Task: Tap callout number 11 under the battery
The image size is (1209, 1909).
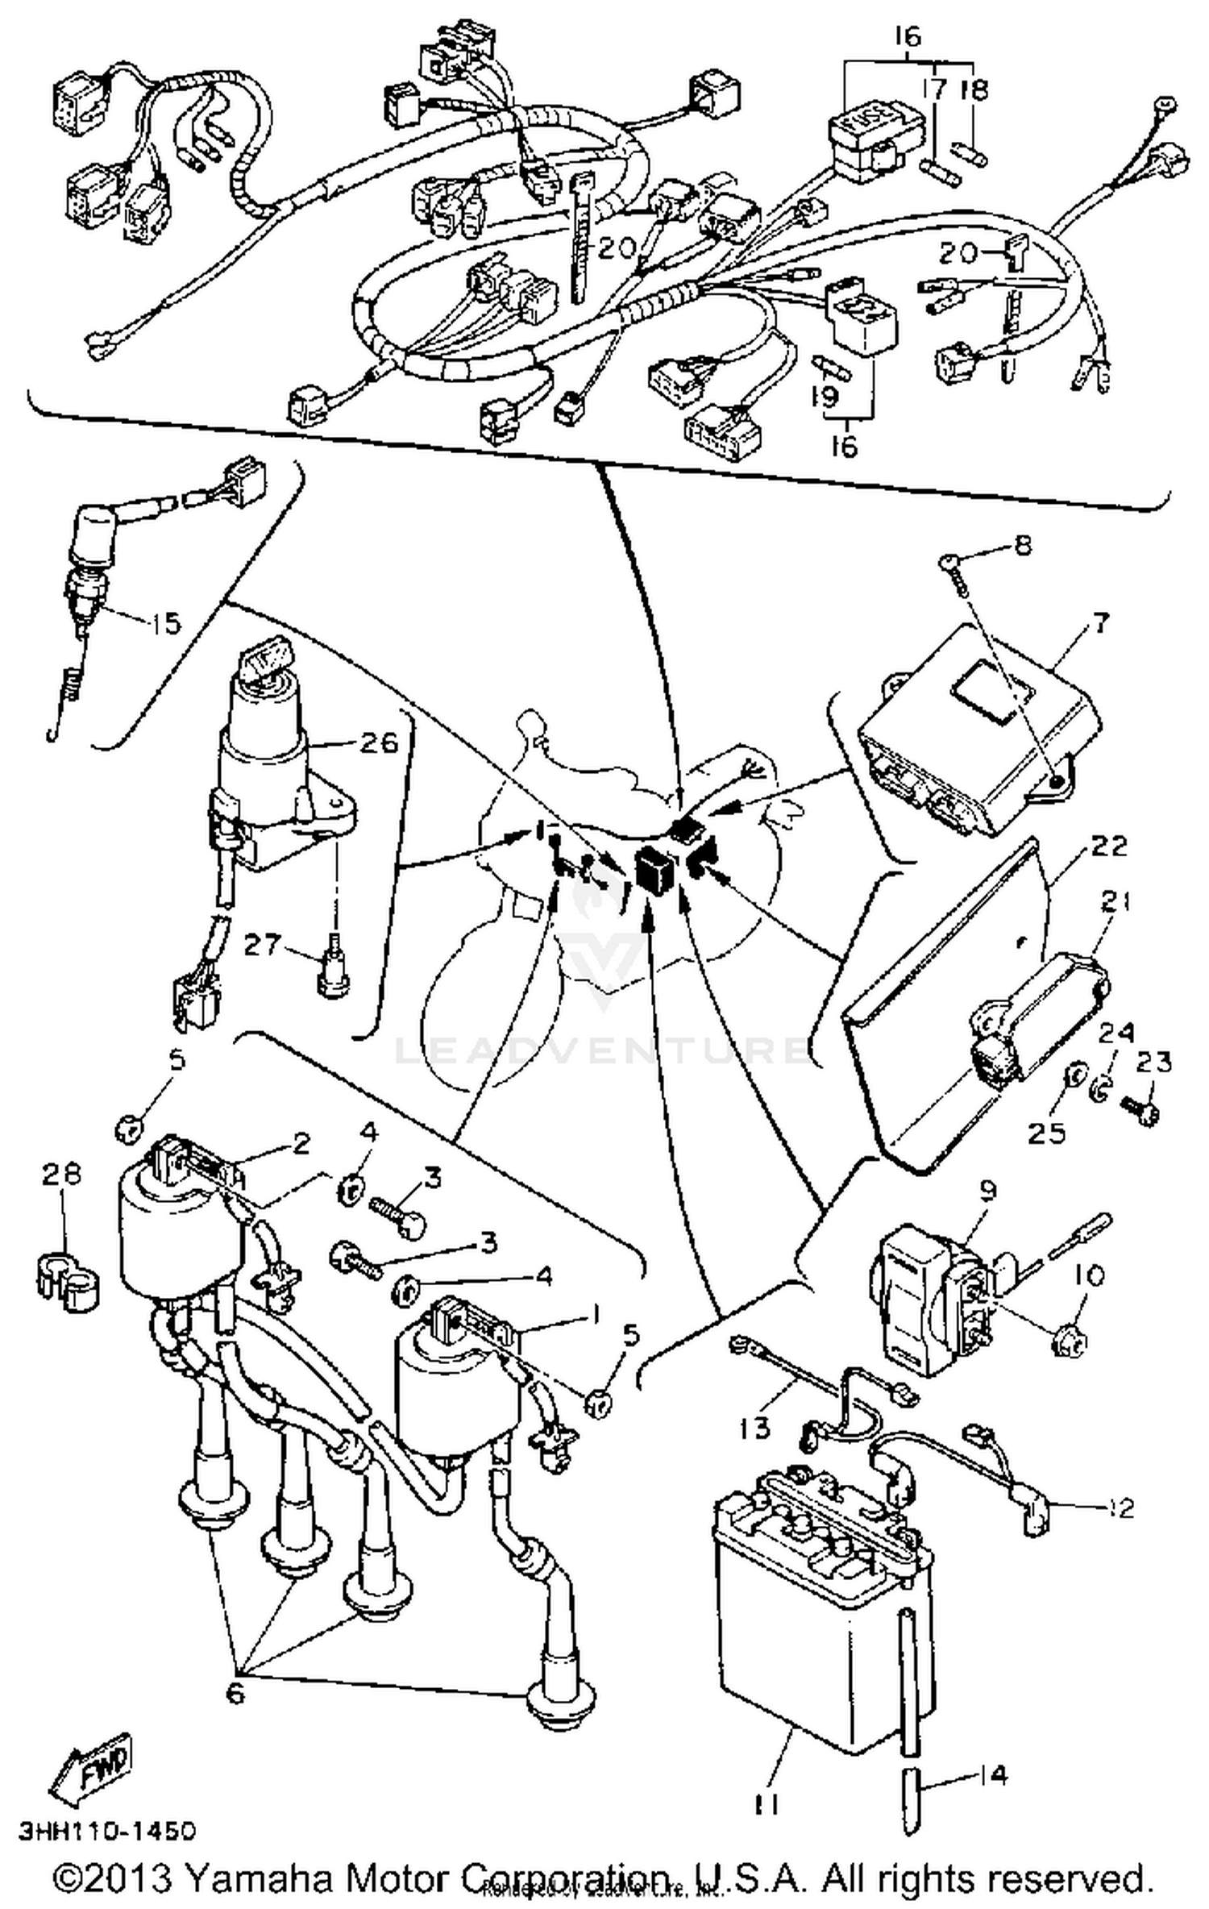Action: (x=766, y=1806)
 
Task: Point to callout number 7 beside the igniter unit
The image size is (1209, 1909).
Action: (x=1099, y=623)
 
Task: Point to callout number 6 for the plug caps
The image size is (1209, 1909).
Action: (x=235, y=1694)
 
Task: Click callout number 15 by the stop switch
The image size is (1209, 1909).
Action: (x=165, y=623)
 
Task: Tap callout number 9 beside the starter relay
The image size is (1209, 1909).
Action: (x=987, y=1190)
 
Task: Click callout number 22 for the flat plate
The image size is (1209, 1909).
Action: (x=1109, y=846)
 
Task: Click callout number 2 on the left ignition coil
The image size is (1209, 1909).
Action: (x=300, y=1143)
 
